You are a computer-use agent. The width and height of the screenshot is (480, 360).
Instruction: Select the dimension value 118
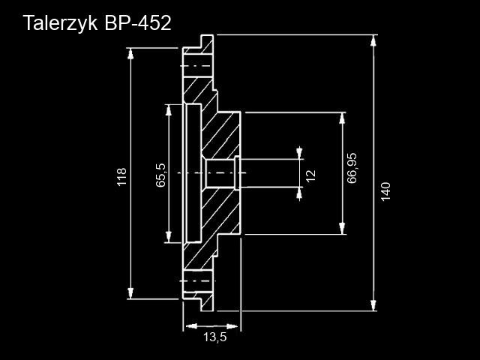(x=121, y=178)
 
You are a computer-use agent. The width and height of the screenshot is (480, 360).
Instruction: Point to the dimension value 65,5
(x=160, y=175)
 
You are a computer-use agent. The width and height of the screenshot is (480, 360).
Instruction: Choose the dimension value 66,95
(x=352, y=167)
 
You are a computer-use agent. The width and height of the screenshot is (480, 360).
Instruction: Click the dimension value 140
(x=385, y=191)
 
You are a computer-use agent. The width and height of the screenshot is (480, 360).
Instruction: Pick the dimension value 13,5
(x=214, y=337)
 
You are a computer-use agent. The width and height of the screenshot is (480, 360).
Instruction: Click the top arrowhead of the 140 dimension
(x=373, y=40)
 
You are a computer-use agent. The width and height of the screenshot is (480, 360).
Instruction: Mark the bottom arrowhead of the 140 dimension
(x=373, y=305)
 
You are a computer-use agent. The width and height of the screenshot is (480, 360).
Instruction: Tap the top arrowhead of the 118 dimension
(x=131, y=53)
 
